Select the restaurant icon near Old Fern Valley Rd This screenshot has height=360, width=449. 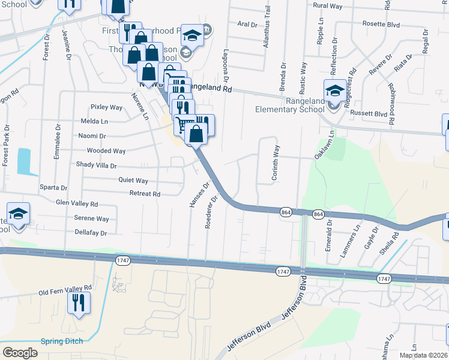pos(78,303)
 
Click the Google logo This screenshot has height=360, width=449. pos(20,353)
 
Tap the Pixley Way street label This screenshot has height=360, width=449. pos(106,107)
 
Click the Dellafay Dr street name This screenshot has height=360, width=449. pos(91,233)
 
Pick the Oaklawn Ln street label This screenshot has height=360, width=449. pos(323,146)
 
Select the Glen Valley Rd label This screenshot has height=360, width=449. pos(76,204)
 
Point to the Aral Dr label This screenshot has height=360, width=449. pos(247,24)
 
